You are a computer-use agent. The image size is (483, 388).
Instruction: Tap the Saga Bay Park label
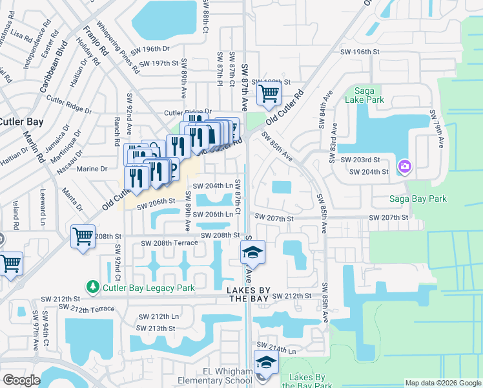click(418, 199)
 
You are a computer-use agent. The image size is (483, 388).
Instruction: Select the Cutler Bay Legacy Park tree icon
click(93, 286)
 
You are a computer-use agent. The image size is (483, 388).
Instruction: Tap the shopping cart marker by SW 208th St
click(83, 237)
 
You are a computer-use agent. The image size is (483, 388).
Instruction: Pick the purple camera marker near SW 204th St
click(405, 167)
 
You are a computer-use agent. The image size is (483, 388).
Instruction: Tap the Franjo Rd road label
click(90, 45)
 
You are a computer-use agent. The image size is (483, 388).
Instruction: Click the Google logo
click(21, 380)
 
